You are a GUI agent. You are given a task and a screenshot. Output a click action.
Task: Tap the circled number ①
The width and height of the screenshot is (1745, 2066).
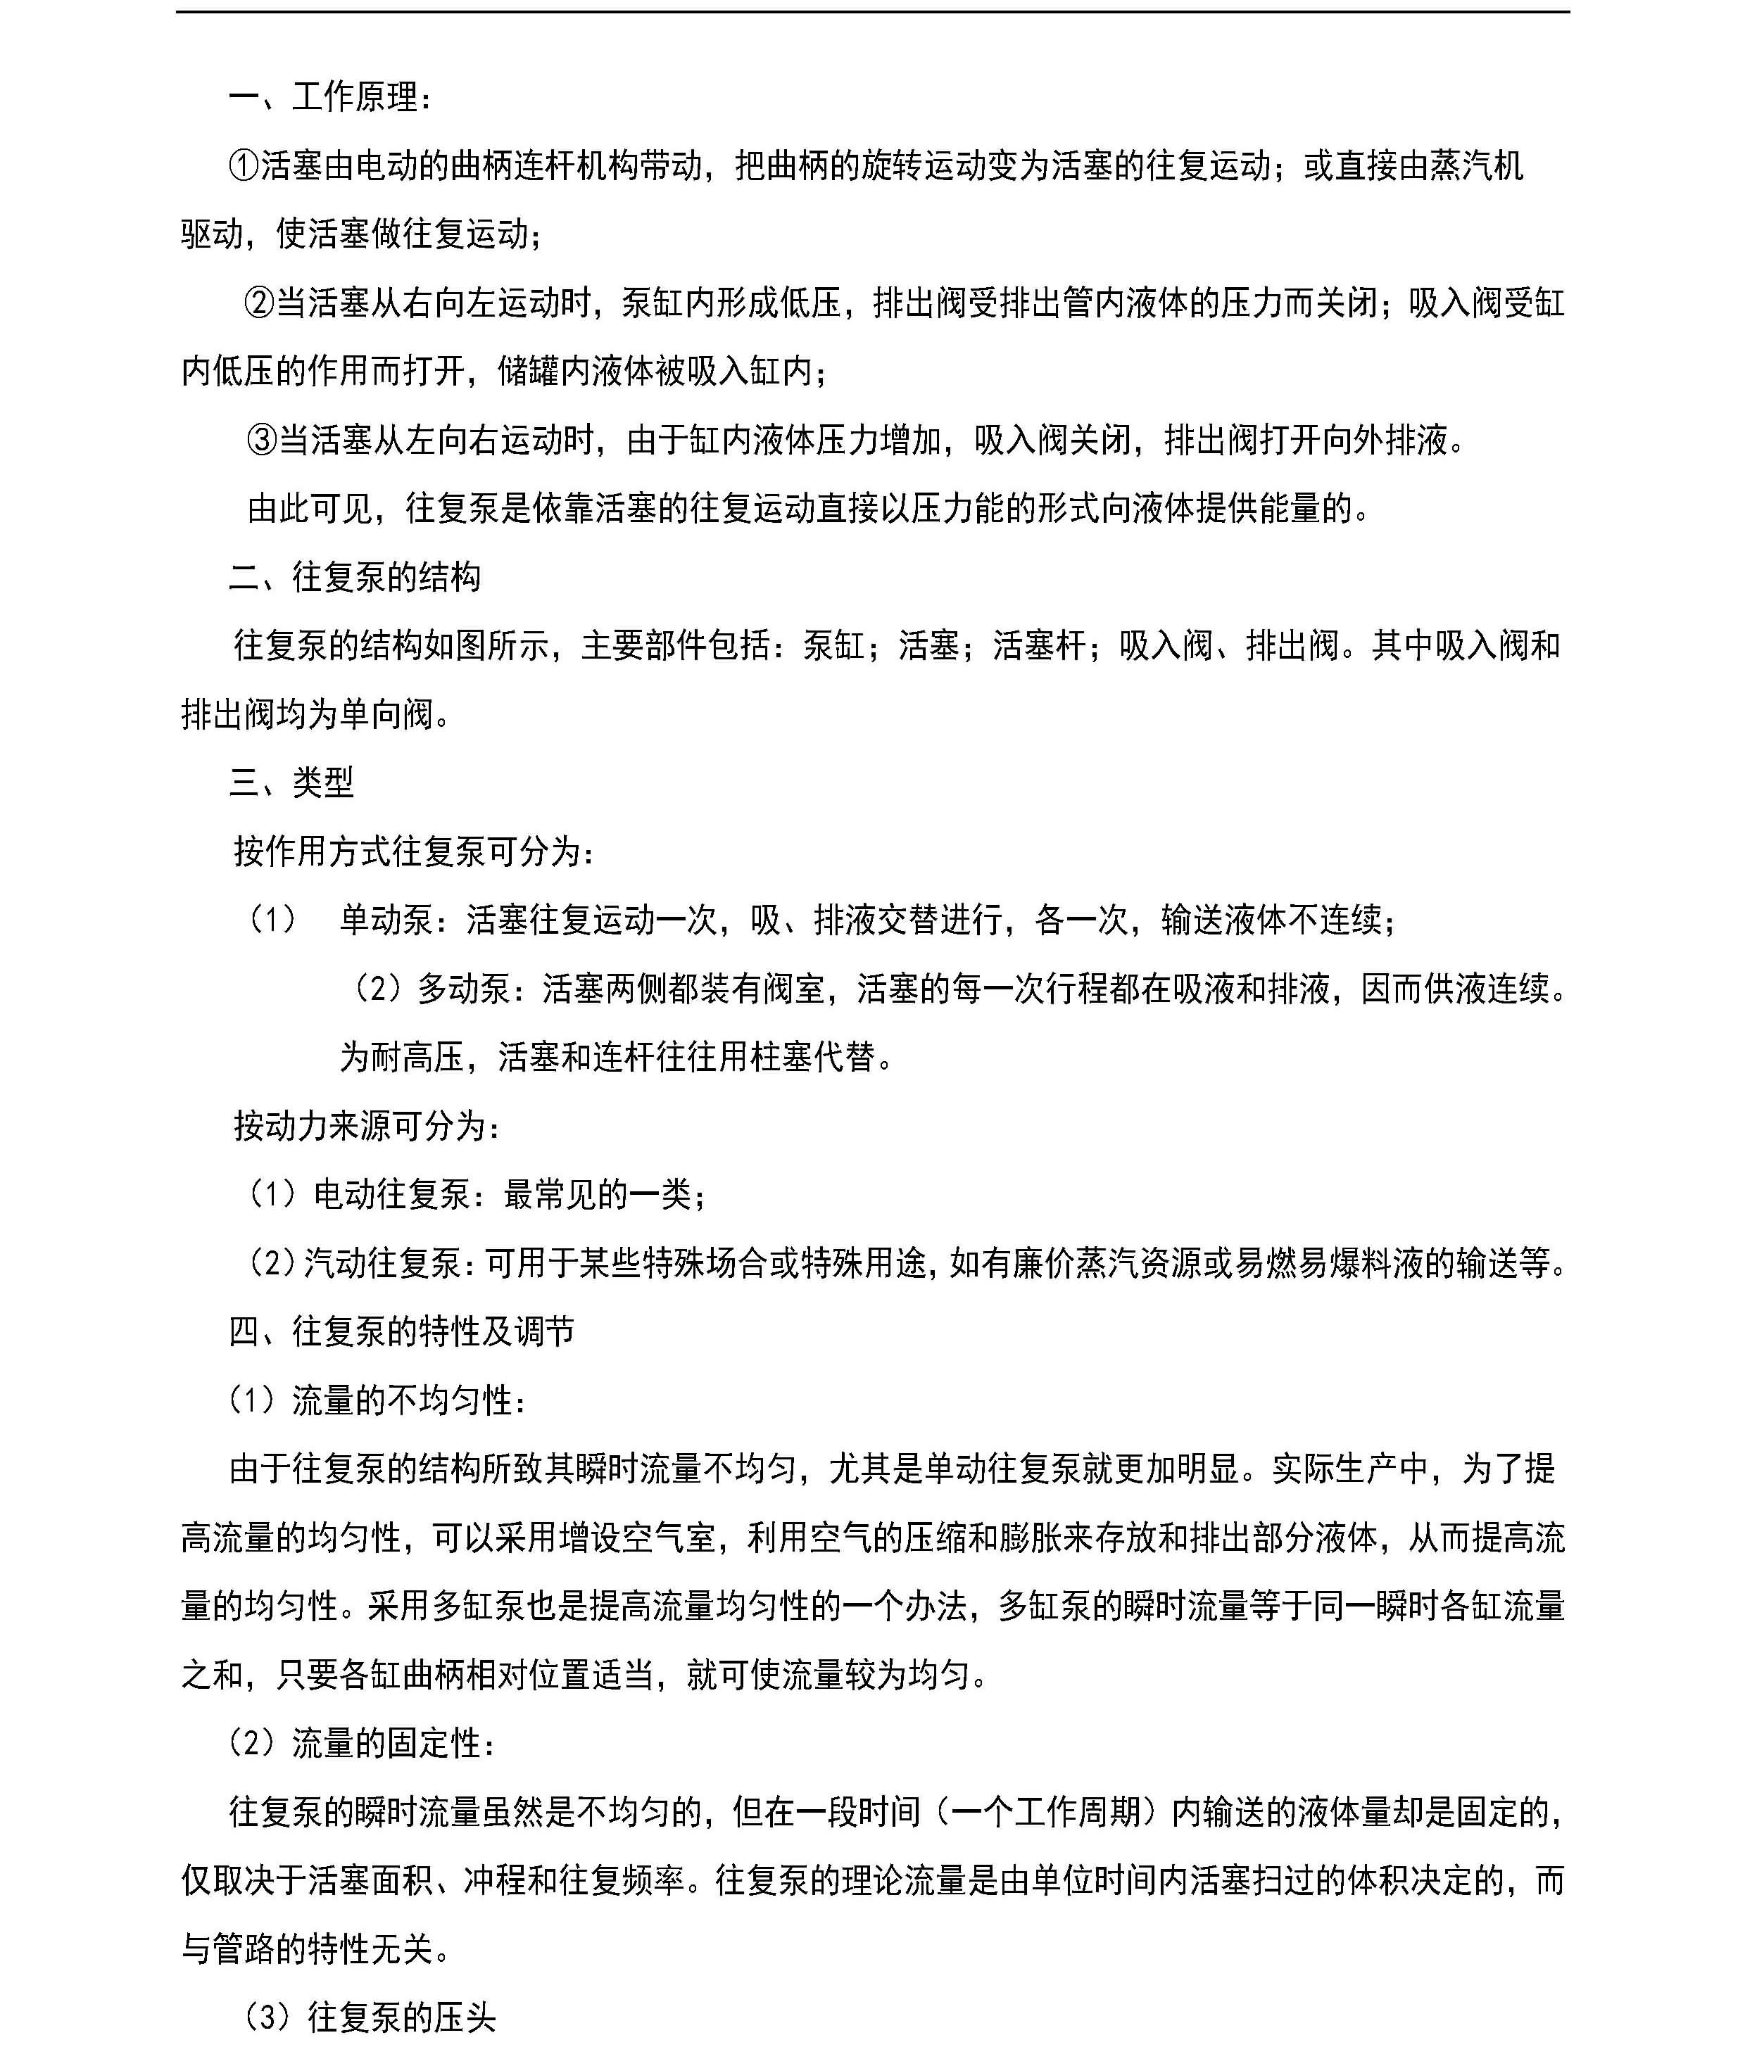click(x=244, y=166)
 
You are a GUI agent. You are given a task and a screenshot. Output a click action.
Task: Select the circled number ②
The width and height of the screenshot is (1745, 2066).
click(x=259, y=303)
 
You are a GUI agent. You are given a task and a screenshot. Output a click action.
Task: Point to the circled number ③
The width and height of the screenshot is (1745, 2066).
click(x=262, y=439)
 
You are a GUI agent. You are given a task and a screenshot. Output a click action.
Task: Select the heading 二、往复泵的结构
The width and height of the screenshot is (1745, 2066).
click(x=354, y=576)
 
